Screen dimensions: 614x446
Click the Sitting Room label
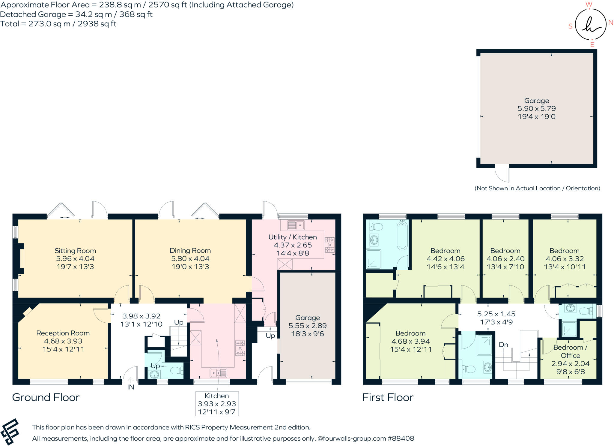tap(75, 251)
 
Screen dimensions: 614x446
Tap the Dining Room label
tap(190, 251)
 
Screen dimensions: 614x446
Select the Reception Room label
tap(63, 333)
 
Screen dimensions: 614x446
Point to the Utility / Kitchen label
tap(293, 237)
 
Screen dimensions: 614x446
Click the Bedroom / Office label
tap(570, 351)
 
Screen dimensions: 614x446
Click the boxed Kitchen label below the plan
tap(217, 396)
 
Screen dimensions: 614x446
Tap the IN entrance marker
tap(131, 387)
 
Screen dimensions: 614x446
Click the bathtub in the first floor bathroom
tap(402, 235)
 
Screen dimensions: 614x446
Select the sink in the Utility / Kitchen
tap(296, 225)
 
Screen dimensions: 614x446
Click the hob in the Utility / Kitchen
tap(329, 245)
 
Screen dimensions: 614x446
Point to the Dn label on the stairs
tap(503, 345)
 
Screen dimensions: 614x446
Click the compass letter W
tap(589, 4)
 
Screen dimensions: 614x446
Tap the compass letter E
tap(592, 44)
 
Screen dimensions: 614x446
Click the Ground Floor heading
tap(46, 397)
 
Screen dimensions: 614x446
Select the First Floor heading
tap(388, 397)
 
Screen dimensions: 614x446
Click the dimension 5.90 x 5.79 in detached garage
tap(537, 109)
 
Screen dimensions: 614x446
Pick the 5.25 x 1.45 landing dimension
tap(496, 314)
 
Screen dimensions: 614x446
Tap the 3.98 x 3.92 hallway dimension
tap(142, 316)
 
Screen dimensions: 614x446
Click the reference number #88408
tap(401, 438)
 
